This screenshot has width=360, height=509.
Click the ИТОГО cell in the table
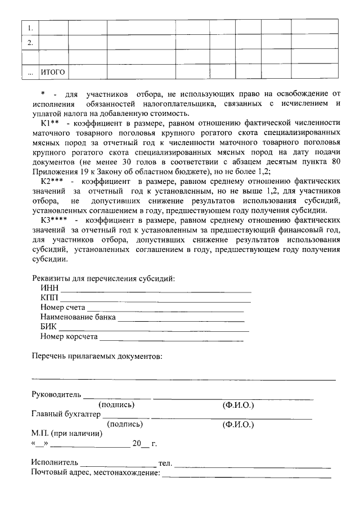tap(53, 73)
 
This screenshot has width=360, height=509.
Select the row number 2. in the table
tap(30, 42)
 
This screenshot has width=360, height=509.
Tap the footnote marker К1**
tap(50, 123)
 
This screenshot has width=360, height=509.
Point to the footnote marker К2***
tap(53, 182)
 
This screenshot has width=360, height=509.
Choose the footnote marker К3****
tap(54, 220)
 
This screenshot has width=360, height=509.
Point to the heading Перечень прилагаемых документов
tap(97, 356)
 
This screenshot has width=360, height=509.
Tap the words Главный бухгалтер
tap(66, 414)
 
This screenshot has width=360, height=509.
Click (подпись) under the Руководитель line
tap(116, 404)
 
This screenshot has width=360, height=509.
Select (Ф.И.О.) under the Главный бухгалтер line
tap(238, 425)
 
